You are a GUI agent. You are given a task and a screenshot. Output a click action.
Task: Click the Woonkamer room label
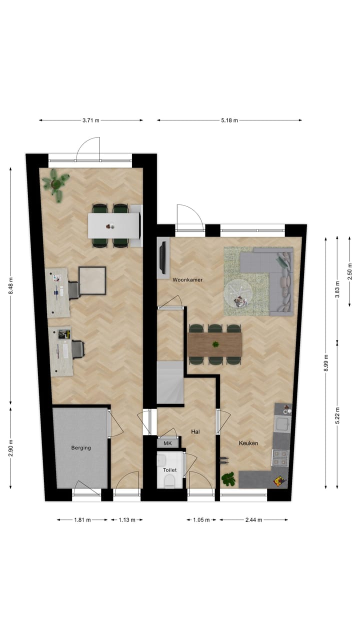point(187,280)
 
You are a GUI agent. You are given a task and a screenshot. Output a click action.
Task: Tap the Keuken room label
point(248,443)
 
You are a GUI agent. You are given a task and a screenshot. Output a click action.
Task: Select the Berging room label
point(81,447)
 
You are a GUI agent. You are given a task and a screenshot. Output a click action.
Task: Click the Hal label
point(195,431)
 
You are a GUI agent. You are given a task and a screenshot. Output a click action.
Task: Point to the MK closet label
point(167,443)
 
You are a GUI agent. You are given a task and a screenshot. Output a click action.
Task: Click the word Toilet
point(169,470)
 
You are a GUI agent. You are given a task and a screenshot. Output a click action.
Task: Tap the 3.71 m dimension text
point(91,120)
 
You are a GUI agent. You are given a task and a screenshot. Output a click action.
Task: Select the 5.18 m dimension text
point(229,120)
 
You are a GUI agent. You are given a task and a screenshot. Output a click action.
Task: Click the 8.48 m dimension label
point(10,286)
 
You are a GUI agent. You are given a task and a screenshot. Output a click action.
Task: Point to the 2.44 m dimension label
point(253,520)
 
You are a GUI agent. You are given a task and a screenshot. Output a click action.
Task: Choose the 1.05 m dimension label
point(201,520)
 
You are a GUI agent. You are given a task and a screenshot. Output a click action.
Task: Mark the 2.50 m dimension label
point(350,275)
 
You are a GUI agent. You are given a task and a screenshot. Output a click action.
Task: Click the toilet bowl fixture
point(169,481)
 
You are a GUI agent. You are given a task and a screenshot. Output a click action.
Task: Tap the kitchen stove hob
point(280,455)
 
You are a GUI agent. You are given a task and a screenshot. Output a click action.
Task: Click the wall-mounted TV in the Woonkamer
point(162,257)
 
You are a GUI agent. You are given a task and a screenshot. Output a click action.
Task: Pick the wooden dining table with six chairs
point(215,344)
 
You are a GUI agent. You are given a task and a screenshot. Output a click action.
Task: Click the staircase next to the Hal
point(170,382)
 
